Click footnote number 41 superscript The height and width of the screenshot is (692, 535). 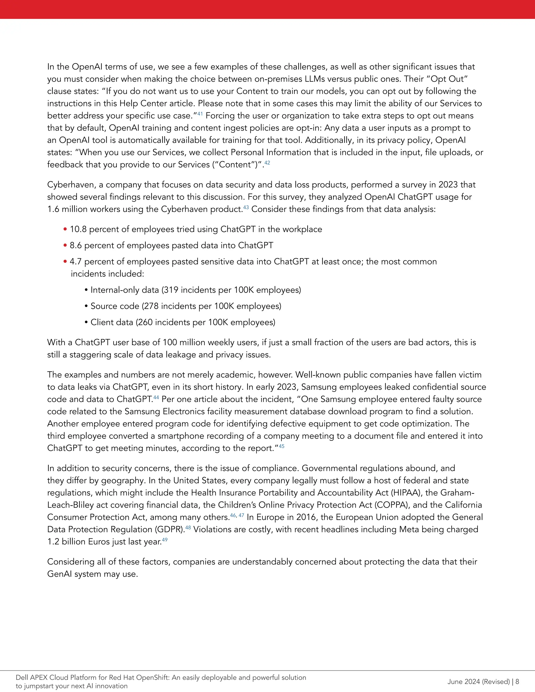200,113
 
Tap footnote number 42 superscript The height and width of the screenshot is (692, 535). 267,162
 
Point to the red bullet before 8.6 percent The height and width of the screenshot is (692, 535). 65,245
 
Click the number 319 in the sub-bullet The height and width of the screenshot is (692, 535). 171,290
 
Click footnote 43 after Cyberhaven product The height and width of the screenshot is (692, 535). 246,207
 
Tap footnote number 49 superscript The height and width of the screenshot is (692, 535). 165,539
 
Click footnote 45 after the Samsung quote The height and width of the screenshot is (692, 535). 281,446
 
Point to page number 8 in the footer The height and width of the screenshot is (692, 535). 517,682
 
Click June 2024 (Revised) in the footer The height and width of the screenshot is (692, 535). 478,682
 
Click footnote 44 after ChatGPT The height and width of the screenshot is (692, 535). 156,397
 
